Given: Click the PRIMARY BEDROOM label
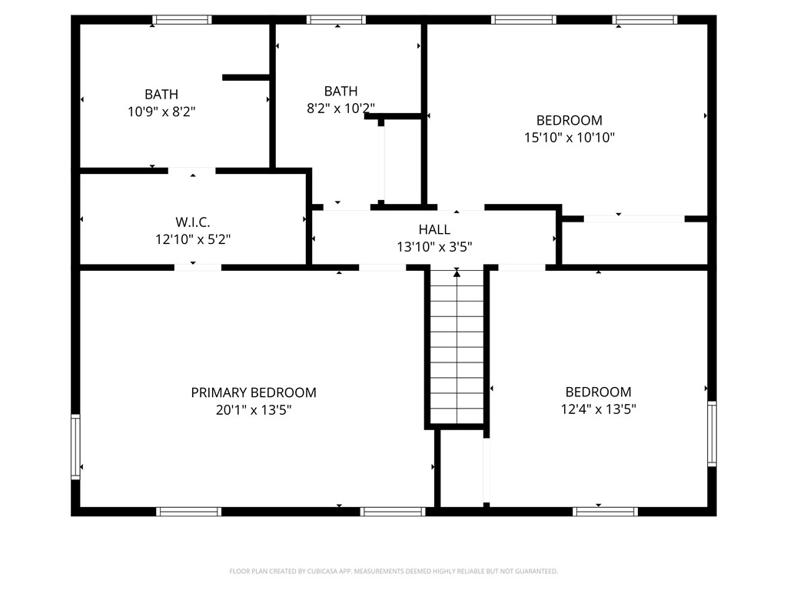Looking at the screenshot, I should pos(254,392).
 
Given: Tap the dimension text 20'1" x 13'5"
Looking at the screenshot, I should pos(254,410).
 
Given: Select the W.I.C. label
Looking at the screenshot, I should pos(193,222).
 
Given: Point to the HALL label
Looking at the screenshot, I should pos(434,229).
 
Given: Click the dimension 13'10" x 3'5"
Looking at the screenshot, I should pos(434,247).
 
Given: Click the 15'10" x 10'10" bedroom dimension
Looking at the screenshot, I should pos(569,138).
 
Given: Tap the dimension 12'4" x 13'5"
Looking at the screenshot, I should pos(598,409).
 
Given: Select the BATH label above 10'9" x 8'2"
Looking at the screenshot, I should pos(161,95).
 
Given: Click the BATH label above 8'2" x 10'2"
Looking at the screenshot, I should pos(340,91).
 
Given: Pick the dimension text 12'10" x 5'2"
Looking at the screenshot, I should pos(193,239).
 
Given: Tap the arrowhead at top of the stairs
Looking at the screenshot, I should pos(457,272).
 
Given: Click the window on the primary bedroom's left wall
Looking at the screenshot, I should pos(75,446).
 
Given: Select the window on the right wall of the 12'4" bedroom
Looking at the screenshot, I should pos(712,433).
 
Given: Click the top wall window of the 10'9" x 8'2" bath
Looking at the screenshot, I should pos(181,20).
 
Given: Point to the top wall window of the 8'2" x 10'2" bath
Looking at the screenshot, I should pos(336,20).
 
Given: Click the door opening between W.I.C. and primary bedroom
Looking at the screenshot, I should pos(198,267).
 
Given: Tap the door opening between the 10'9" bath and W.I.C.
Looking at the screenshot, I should pos(191,170).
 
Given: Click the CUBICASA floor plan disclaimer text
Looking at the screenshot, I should pos(393,571).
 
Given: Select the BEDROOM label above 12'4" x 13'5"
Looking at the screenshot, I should pos(598,392).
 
